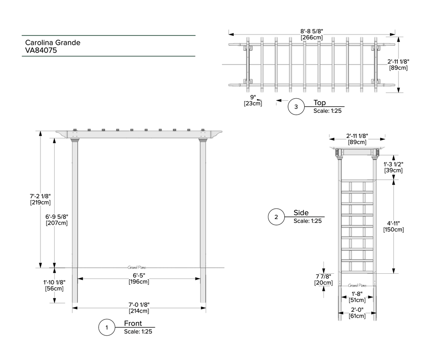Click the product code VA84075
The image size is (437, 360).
coord(41,50)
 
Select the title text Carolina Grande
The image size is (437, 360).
coord(52,43)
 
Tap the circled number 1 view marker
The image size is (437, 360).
coord(107,328)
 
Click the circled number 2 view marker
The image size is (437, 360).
coord(276,217)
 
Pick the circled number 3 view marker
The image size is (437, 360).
coord(296,106)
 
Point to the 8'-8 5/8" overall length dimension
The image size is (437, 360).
coord(312,34)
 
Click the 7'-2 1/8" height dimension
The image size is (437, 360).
coord(41,199)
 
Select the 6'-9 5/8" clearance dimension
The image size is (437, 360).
coord(57,220)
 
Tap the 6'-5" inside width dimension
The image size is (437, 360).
coord(139,278)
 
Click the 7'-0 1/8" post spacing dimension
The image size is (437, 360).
coord(139,308)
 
